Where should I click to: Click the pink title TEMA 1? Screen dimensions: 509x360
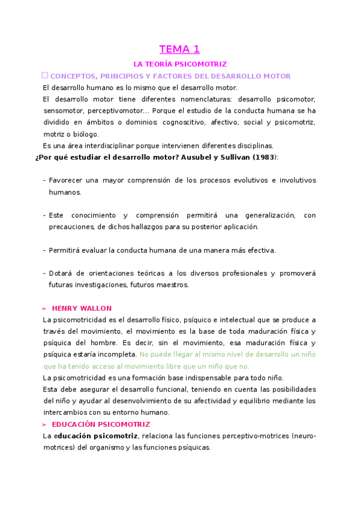(179, 49)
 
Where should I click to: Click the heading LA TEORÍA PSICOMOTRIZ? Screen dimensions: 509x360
(179, 64)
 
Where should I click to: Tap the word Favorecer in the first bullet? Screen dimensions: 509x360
(66, 180)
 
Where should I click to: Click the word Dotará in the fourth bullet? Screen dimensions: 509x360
(61, 274)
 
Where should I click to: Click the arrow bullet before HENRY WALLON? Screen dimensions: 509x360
(44, 309)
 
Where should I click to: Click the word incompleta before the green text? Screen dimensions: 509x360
(118, 354)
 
